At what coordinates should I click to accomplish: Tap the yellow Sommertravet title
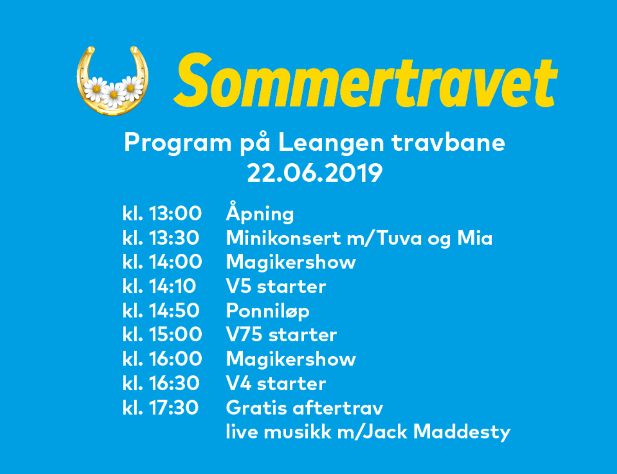365,81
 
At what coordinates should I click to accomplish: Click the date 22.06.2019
315,173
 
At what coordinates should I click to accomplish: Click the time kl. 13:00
162,214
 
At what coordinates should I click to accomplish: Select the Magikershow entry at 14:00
291,262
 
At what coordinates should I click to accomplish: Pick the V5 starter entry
276,286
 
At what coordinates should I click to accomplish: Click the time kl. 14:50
161,310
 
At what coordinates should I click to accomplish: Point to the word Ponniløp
268,311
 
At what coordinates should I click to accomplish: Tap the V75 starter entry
281,335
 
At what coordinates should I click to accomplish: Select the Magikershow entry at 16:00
291,359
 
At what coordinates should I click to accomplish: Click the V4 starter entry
276,383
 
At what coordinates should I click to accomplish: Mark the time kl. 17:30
161,408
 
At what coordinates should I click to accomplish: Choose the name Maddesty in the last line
462,432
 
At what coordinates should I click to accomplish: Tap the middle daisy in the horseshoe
114,95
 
